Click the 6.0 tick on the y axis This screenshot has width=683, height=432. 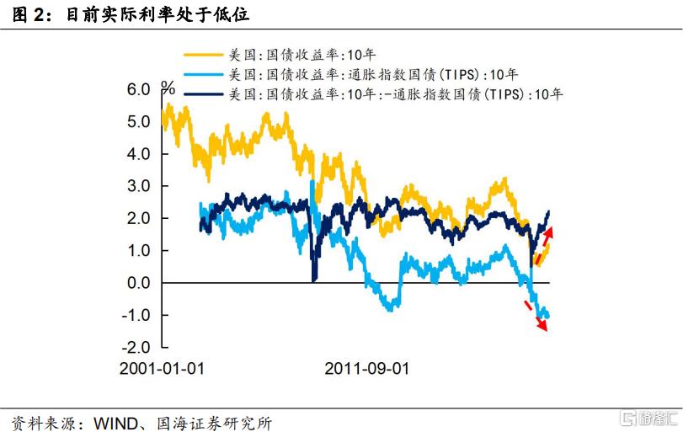[138, 89]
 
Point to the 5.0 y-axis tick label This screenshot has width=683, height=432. [138, 121]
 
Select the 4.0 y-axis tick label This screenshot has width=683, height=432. [138, 154]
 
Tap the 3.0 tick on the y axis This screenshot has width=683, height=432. [138, 186]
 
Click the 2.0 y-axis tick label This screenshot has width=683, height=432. [138, 218]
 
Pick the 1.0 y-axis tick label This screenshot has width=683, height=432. [138, 251]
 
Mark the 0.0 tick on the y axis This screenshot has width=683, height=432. [138, 283]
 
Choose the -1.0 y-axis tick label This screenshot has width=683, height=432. [135, 315]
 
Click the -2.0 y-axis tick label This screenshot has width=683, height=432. [135, 347]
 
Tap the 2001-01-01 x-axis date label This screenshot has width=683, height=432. [163, 369]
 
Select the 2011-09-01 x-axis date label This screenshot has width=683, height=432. [366, 369]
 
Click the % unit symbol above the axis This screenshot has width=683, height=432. [168, 88]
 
